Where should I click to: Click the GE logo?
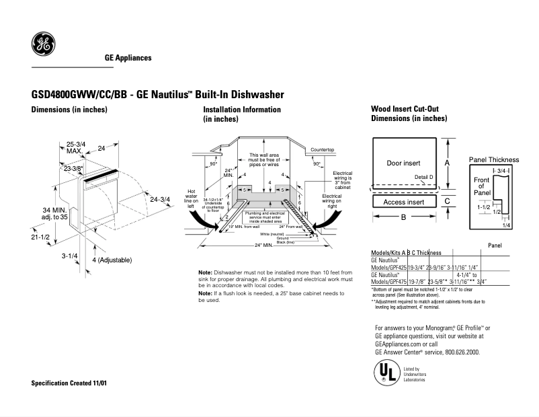43,45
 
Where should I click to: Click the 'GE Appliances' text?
128,58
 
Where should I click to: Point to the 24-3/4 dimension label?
161,199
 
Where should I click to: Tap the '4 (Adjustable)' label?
112,260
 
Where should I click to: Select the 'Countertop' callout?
323,149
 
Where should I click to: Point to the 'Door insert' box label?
403,163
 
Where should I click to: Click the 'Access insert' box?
403,202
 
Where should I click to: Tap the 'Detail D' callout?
424,177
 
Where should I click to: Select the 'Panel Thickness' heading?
494,159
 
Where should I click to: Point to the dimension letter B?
403,217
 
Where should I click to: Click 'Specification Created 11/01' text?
69,383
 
